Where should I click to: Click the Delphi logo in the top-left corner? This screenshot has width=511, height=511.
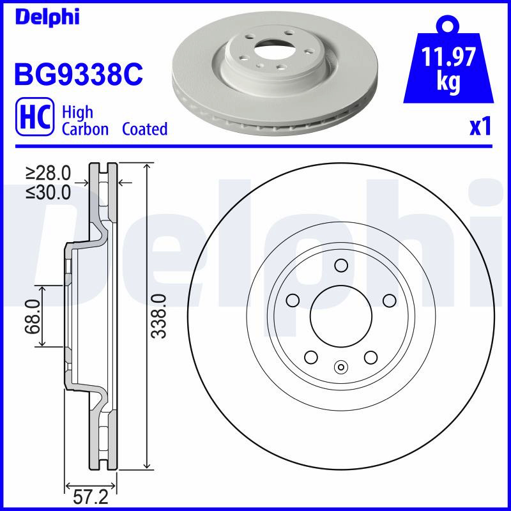pyautogui.click(x=47, y=17)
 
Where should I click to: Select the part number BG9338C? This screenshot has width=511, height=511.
pyautogui.click(x=79, y=74)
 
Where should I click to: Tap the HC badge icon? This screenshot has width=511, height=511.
pyautogui.click(x=35, y=117)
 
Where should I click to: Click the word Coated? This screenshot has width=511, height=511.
pyautogui.click(x=145, y=129)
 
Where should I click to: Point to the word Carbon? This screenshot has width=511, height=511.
pyautogui.click(x=85, y=129)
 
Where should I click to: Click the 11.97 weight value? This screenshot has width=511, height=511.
pyautogui.click(x=448, y=57)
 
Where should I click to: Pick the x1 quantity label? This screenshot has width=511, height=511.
pyautogui.click(x=480, y=127)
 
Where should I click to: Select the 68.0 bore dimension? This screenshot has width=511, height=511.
pyautogui.click(x=33, y=316)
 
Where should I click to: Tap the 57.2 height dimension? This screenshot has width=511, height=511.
pyautogui.click(x=90, y=498)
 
